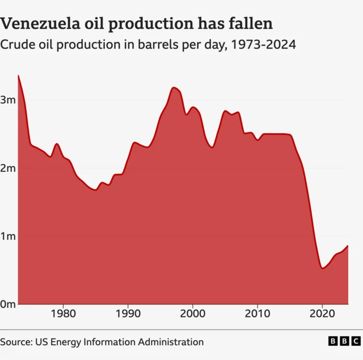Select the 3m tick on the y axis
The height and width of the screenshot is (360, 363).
[x=7, y=100]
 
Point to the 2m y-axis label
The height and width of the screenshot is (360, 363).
[x=7, y=168]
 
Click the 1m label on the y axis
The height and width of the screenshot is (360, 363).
[x=7, y=236]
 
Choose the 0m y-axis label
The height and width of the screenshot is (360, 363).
[x=7, y=304]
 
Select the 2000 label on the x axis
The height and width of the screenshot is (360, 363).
[x=193, y=314]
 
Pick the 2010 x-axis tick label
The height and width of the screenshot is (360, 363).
[x=258, y=314]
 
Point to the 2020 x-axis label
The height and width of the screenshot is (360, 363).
[x=322, y=314]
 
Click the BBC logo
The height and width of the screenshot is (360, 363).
[x=344, y=341]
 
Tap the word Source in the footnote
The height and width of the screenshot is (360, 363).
[x=16, y=342]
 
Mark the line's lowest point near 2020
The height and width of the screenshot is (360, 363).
[x=322, y=268]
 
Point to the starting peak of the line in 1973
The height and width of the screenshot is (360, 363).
[x=18, y=75]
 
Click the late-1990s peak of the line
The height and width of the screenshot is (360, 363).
[x=174, y=87]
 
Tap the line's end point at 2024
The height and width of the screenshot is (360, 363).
[x=348, y=245]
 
